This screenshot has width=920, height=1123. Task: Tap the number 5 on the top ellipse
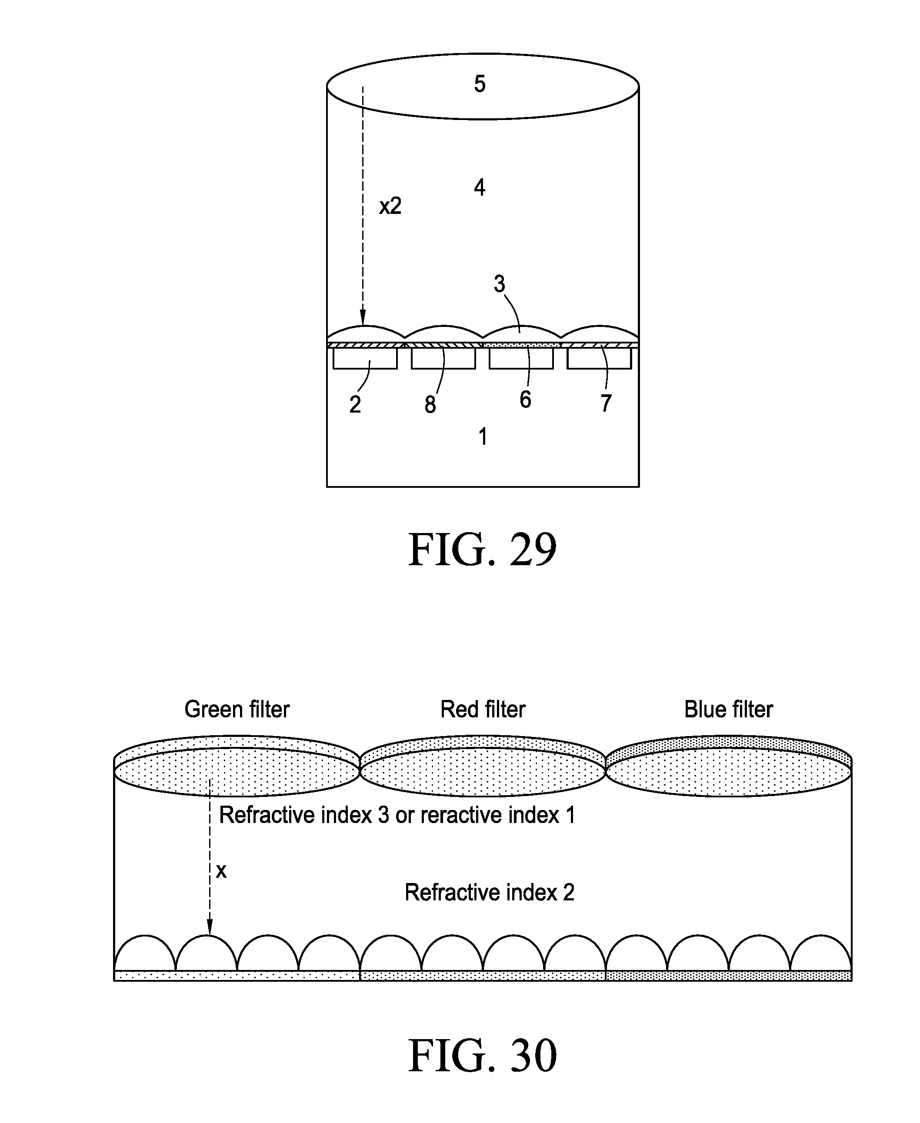tap(480, 84)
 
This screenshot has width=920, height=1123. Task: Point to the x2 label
tap(390, 206)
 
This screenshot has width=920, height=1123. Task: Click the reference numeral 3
tap(499, 284)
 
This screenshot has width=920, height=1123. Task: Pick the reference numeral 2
tap(355, 404)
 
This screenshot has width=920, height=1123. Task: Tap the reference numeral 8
tap(430, 404)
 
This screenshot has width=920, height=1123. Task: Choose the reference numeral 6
tap(525, 400)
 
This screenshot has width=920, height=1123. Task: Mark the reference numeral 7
tap(606, 403)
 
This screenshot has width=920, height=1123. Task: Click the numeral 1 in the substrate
tap(483, 437)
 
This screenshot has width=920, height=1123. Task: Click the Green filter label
tap(237, 710)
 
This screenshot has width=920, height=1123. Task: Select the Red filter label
tap(483, 710)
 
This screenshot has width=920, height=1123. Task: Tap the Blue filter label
tap(729, 710)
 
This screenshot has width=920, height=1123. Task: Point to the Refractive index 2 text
tap(489, 893)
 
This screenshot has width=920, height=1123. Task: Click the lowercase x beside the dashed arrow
tap(221, 871)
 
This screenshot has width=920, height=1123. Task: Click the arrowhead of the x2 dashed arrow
tap(363, 320)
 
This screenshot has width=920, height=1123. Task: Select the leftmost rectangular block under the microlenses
tap(365, 358)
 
